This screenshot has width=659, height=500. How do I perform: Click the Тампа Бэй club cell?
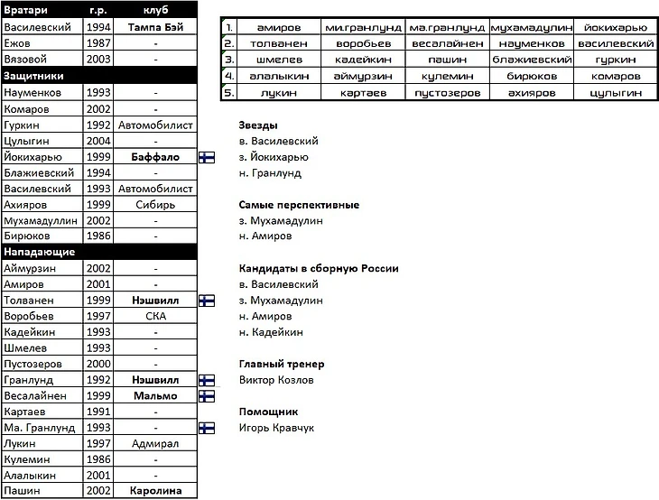pos(155,28)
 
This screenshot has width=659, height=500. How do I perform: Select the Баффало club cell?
pos(155,157)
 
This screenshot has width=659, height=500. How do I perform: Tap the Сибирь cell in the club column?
pos(155,205)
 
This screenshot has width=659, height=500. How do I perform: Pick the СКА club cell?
pos(155,317)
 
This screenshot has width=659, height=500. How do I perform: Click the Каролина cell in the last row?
pos(155,491)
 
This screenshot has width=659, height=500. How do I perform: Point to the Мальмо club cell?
pos(155,396)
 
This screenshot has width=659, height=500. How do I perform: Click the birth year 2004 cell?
pos(97,141)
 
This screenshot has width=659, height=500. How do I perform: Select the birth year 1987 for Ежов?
pos(97,43)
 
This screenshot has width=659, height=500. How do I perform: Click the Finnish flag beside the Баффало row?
pos(206,157)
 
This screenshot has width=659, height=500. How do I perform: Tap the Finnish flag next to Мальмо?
pos(206,396)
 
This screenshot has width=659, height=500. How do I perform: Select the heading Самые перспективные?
pos(299,205)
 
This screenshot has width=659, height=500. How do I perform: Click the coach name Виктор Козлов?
pos(276,380)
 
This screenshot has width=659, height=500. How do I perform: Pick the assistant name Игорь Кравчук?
pos(276,428)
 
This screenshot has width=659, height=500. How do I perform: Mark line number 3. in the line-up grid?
pos(229,60)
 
